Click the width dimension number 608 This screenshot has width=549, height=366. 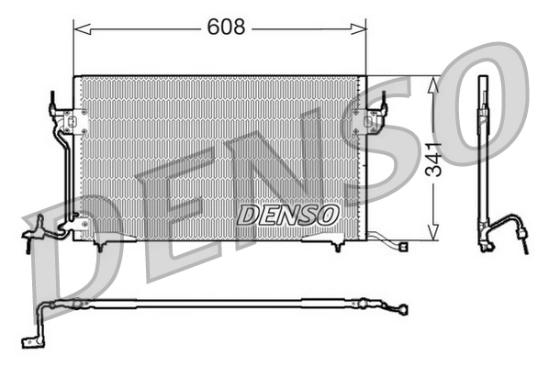(x=226, y=28)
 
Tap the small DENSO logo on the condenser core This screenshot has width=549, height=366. (x=288, y=213)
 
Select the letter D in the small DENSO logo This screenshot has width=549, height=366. (x=247, y=214)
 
